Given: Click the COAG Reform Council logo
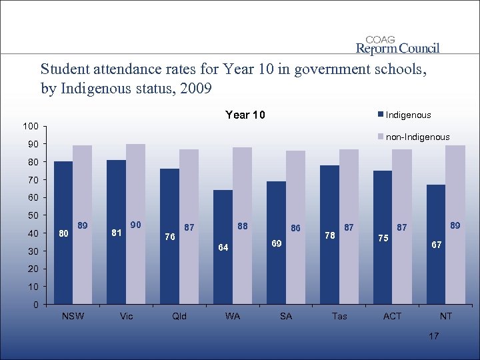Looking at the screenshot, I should coord(397,45).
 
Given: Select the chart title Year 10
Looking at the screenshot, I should coord(245,115).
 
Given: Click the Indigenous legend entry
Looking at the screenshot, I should coord(407,115).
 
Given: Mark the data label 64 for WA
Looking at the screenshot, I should coord(224,248).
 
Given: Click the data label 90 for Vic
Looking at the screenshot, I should coord(136,225).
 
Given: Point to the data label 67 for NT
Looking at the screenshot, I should coord(436,245).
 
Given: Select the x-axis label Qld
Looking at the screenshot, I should coord(179,316).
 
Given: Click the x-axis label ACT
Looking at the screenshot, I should coord(392,316).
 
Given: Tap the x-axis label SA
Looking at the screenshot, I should coord(285,316).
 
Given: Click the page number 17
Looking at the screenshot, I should coord(433,336).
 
